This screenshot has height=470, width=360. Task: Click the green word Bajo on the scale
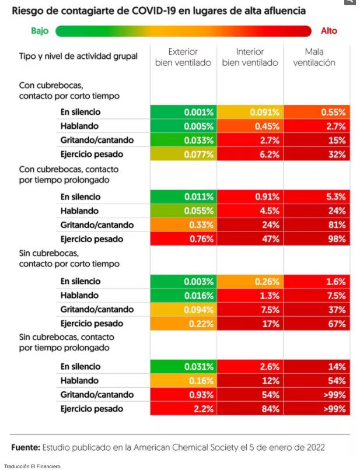[40, 31]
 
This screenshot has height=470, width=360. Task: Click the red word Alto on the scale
[328, 31]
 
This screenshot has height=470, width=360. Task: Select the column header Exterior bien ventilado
[183, 57]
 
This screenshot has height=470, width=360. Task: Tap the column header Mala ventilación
[314, 57]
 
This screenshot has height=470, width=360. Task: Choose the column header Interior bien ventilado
[250, 57]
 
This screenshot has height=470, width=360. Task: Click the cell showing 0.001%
[183, 112]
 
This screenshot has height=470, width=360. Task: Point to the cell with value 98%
[317, 239]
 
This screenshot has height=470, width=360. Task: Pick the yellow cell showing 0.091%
[250, 112]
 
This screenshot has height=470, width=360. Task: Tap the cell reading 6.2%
[250, 155]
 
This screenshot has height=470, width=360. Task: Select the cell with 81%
[317, 225]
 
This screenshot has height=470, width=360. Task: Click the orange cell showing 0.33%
[183, 225]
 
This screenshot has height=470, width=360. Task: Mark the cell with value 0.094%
[183, 310]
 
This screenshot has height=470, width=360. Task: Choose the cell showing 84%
[250, 409]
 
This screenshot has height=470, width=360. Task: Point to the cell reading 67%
[317, 324]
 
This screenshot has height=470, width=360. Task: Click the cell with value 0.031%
[183, 367]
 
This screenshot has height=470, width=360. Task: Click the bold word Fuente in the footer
[25, 447]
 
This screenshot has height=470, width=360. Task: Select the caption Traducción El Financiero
[33, 466]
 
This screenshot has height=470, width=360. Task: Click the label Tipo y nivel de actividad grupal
[78, 56]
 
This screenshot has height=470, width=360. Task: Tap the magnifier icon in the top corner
[350, 3]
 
